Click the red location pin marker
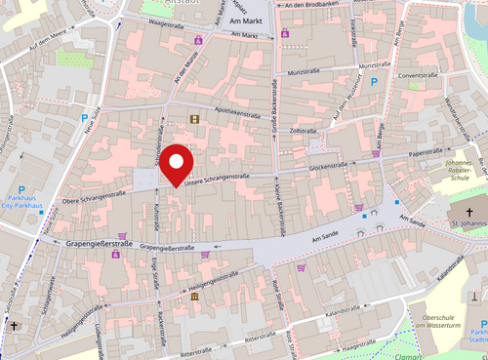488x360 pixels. [x=177, y=162]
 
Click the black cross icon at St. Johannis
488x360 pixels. [x=468, y=213]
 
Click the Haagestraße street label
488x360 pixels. [x=359, y=343]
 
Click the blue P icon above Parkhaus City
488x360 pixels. [x=21, y=190]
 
